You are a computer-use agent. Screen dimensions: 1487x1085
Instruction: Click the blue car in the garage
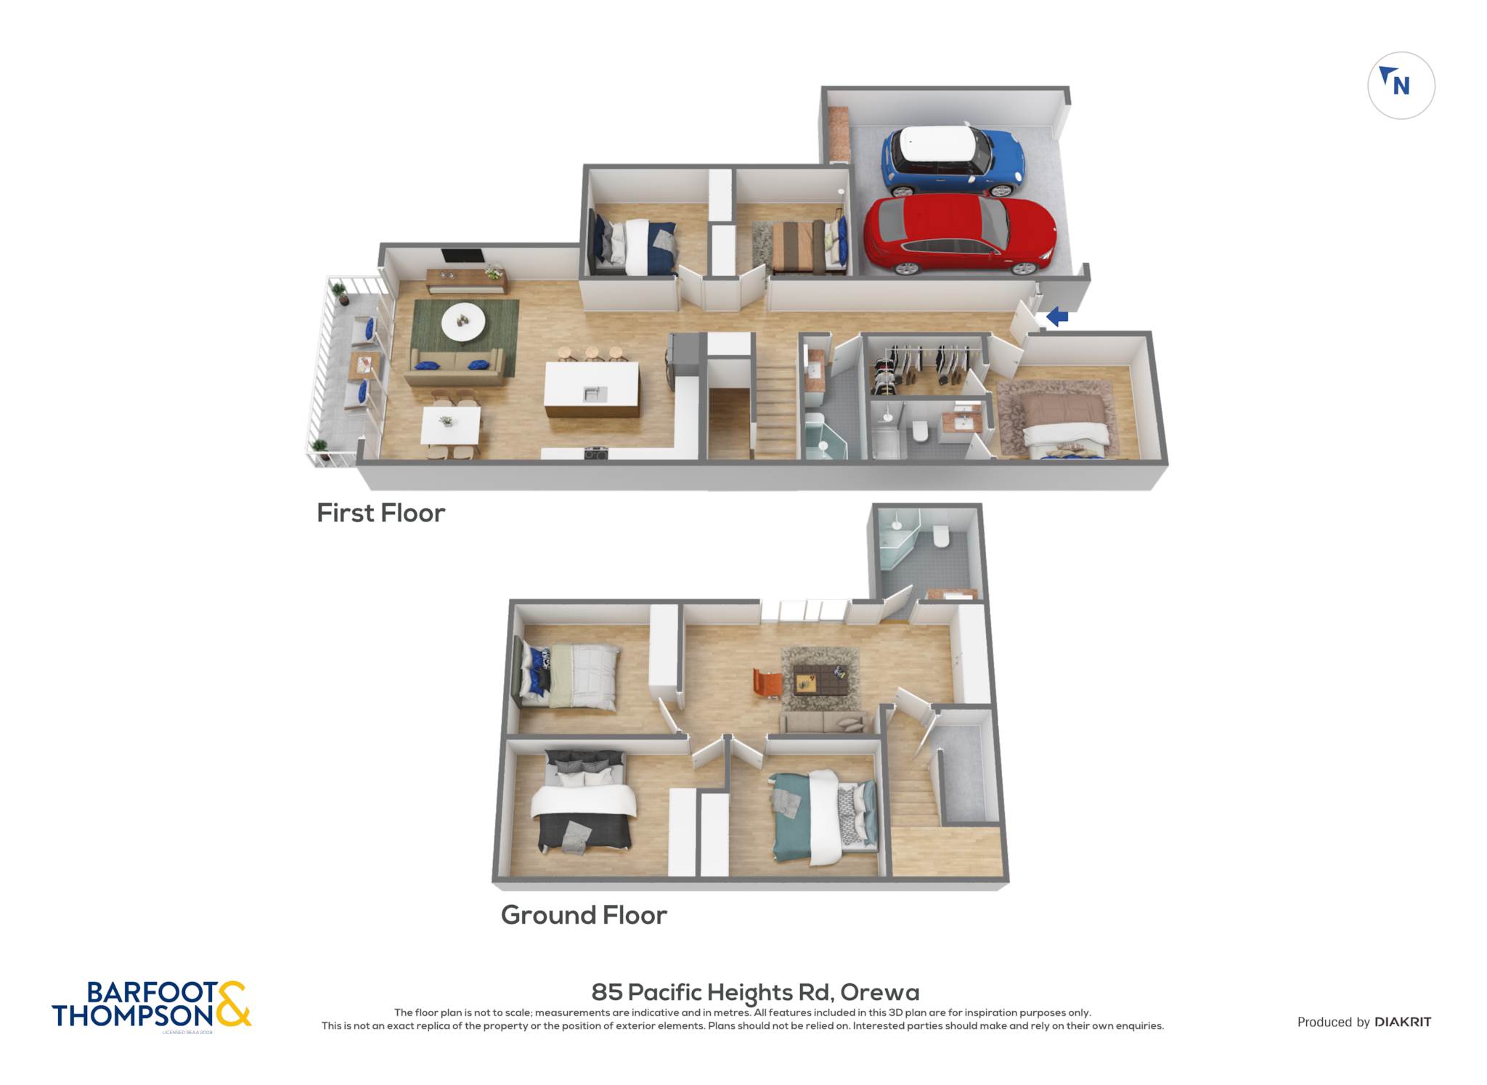953,161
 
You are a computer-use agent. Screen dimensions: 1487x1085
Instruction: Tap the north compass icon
1401,85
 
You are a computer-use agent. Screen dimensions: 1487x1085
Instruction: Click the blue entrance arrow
1057,317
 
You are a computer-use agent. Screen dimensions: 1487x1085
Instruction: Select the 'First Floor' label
380,513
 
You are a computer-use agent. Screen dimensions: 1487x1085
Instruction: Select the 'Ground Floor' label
584,915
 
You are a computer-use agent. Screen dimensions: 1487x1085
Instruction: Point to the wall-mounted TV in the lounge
463,256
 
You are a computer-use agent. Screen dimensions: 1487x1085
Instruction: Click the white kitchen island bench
592,388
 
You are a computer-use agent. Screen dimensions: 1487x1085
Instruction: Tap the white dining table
450,425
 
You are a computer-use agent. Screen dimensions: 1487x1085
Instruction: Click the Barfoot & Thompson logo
151,1006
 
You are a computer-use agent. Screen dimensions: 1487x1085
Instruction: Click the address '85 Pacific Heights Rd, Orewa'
755,992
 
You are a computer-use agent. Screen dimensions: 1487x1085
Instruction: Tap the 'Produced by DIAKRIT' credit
1364,1022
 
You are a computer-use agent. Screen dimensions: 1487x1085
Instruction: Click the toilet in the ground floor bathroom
941,536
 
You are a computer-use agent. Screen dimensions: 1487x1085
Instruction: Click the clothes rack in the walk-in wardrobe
924,364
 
